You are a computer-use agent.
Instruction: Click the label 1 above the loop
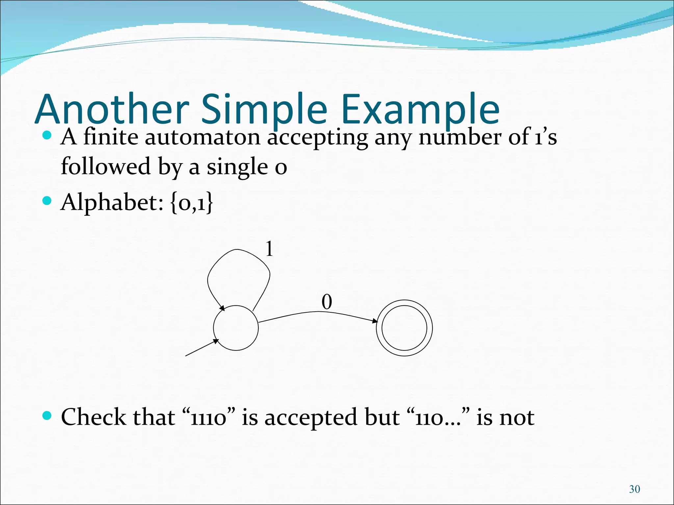[269, 249]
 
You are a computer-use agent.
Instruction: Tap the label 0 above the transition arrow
[326, 302]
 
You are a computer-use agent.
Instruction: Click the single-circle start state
[236, 328]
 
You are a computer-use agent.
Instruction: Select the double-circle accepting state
[404, 328]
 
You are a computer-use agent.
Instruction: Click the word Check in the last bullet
[93, 417]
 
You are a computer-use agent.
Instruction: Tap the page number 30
[634, 489]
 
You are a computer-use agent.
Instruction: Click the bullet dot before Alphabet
[47, 201]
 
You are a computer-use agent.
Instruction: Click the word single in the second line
[237, 167]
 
